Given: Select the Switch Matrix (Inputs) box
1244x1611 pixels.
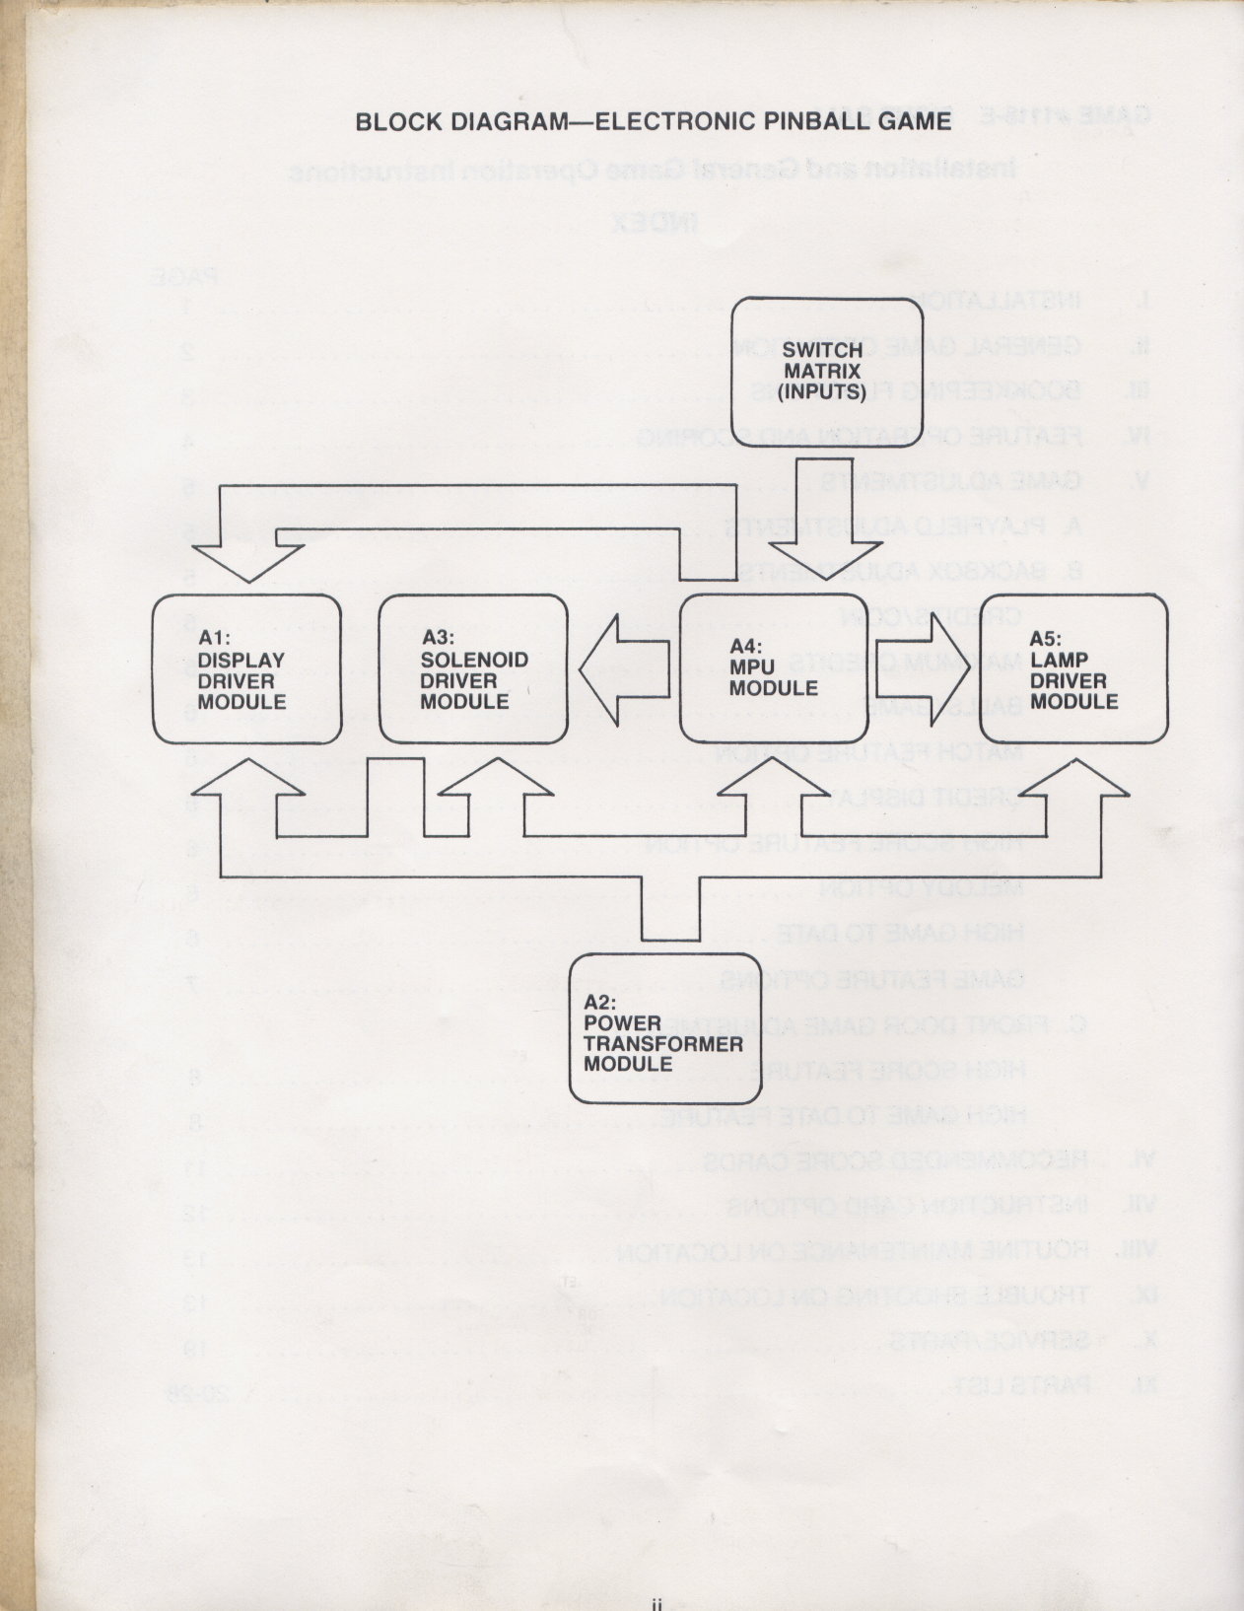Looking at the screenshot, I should [826, 372].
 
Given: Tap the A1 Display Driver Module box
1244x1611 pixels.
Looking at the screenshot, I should [247, 668].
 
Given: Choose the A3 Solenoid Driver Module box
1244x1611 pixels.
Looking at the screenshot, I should [473, 668].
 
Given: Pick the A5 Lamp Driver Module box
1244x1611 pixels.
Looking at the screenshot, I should [1073, 668].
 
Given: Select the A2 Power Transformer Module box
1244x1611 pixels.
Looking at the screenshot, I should [665, 1027].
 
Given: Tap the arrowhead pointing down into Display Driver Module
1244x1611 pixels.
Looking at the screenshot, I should [246, 562].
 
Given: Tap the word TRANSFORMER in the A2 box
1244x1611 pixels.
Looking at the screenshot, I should [662, 1044].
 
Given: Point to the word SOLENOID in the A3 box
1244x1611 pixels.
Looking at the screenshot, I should [474, 660].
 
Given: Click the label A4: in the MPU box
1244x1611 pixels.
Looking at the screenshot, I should [748, 647].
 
